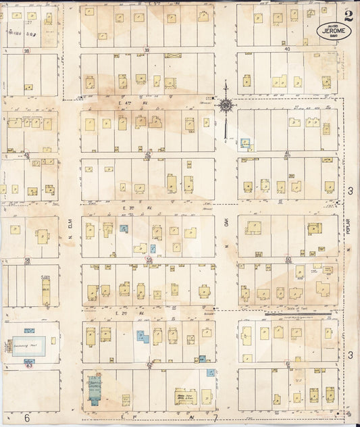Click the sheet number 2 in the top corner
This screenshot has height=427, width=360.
click(x=346, y=16)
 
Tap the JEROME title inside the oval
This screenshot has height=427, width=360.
click(x=328, y=30)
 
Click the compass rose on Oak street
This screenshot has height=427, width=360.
click(x=225, y=105)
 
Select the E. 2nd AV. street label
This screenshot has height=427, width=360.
click(x=122, y=313)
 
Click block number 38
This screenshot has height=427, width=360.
click(x=26, y=51)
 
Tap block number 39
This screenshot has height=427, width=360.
click(x=147, y=51)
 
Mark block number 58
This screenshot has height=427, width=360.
click(x=28, y=259)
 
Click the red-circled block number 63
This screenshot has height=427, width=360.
click(x=29, y=365)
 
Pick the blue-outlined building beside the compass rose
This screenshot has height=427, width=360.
click(x=245, y=143)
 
